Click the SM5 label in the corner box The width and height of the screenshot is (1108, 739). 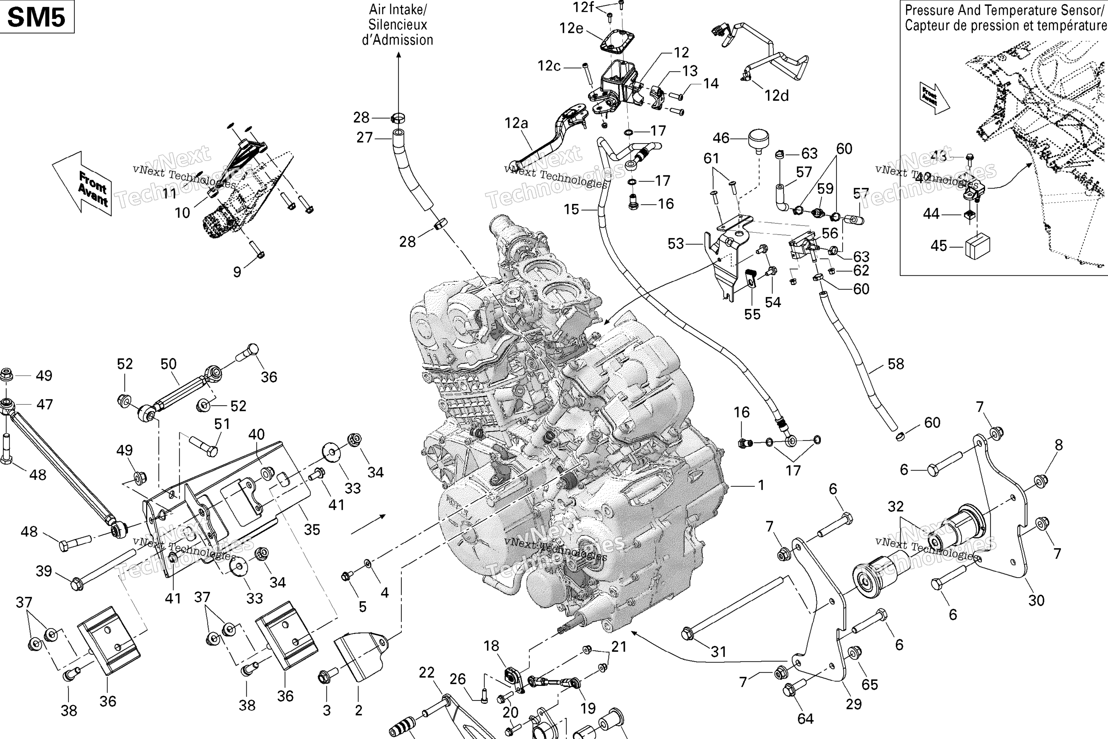click(x=36, y=17)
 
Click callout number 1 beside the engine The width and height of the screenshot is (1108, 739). click(x=761, y=485)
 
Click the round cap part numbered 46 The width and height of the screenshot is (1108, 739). click(x=759, y=140)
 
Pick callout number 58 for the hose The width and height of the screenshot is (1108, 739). click(x=896, y=363)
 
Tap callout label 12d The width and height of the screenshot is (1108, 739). click(x=776, y=95)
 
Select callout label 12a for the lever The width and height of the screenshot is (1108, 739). click(x=516, y=123)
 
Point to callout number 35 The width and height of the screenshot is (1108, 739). click(x=312, y=529)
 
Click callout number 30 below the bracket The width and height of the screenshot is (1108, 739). click(x=1036, y=600)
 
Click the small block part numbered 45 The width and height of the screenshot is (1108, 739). click(x=977, y=245)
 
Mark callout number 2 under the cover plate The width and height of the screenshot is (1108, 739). click(x=359, y=710)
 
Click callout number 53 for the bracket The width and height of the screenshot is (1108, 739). click(x=676, y=243)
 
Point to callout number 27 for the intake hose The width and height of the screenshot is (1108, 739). click(x=365, y=137)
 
